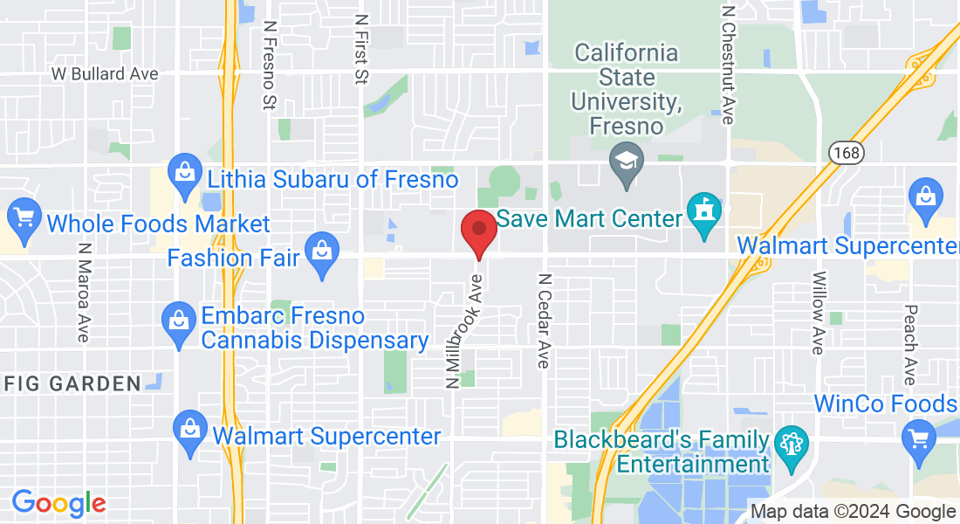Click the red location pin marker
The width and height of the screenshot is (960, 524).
(478, 231)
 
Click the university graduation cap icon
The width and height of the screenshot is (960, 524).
(626, 163)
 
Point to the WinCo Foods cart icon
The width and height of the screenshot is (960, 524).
(920, 435)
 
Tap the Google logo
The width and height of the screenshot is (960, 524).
(58, 503)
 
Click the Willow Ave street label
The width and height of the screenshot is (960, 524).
(818, 313)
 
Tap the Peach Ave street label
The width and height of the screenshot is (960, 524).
(909, 344)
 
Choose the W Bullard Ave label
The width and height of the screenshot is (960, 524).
(105, 74)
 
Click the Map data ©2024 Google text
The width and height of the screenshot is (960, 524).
(853, 512)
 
